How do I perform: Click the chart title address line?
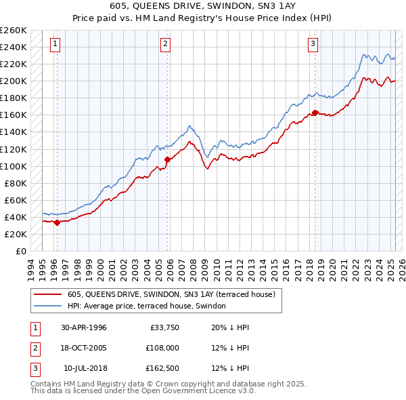(203, 6)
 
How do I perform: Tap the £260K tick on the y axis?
(14, 31)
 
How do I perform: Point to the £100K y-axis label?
(14, 166)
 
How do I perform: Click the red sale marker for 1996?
(57, 222)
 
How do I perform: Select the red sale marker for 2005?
(167, 159)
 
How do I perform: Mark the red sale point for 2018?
(315, 113)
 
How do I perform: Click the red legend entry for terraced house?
(171, 294)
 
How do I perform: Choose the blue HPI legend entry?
(150, 306)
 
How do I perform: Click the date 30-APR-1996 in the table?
(84, 327)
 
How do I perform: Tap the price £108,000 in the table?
(162, 348)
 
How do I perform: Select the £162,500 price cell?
(162, 368)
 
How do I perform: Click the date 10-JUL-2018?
(85, 368)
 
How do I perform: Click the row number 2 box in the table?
(35, 348)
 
